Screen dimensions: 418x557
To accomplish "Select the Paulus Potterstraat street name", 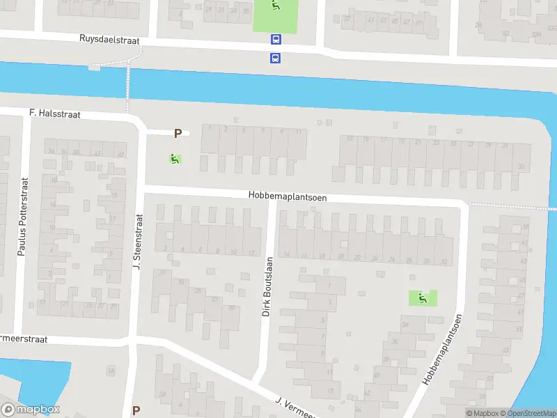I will pyautogui.click(x=22, y=216).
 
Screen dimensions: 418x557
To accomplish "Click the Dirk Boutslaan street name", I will pyautogui.click(x=267, y=287).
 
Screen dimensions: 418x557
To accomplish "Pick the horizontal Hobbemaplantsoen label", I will pyautogui.click(x=288, y=197).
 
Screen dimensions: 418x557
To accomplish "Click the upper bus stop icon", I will pyautogui.click(x=276, y=40).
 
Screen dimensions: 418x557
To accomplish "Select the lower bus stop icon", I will pyautogui.click(x=276, y=58).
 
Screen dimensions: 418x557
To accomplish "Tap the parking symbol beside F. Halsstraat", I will pyautogui.click(x=178, y=133).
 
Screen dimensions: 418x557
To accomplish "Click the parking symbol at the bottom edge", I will pyautogui.click(x=136, y=411).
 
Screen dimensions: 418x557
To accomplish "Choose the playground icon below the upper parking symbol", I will pyautogui.click(x=174, y=159).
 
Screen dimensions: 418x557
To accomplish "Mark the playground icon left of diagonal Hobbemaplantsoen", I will pyautogui.click(x=422, y=298).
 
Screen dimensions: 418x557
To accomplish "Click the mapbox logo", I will pyautogui.click(x=31, y=410).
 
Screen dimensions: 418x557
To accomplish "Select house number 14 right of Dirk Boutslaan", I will pyautogui.click(x=286, y=255).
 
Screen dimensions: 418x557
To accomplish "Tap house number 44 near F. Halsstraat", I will pyautogui.click(x=120, y=154).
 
